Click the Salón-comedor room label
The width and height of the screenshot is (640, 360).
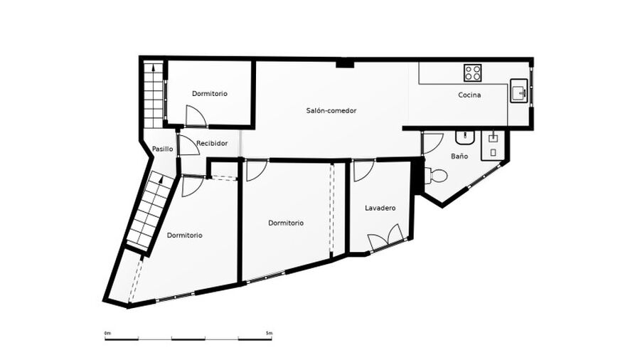pos(331,110)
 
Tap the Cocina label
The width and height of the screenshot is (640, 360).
pos(469,95)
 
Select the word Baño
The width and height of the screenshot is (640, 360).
pos(459,156)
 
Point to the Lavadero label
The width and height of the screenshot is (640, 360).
pos(380,208)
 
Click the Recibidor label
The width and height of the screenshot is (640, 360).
pos(212,143)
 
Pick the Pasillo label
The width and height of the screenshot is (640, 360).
pos(162,149)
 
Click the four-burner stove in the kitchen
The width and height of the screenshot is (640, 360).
pos(472,73)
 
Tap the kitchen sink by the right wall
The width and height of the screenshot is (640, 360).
pos(519,90)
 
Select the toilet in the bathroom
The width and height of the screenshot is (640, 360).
pos(436,176)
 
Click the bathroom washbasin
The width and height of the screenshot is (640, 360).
pos(465,137)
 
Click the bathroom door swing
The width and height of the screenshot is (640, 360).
pos(432,143)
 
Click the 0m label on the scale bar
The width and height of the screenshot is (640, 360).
pos(108,333)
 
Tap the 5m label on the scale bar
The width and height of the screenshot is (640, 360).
pos(269,333)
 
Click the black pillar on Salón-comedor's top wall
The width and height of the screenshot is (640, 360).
pos(345,64)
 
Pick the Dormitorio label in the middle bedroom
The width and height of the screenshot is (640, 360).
pos(286,223)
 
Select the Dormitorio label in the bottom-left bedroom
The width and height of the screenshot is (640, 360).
pos(184,235)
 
